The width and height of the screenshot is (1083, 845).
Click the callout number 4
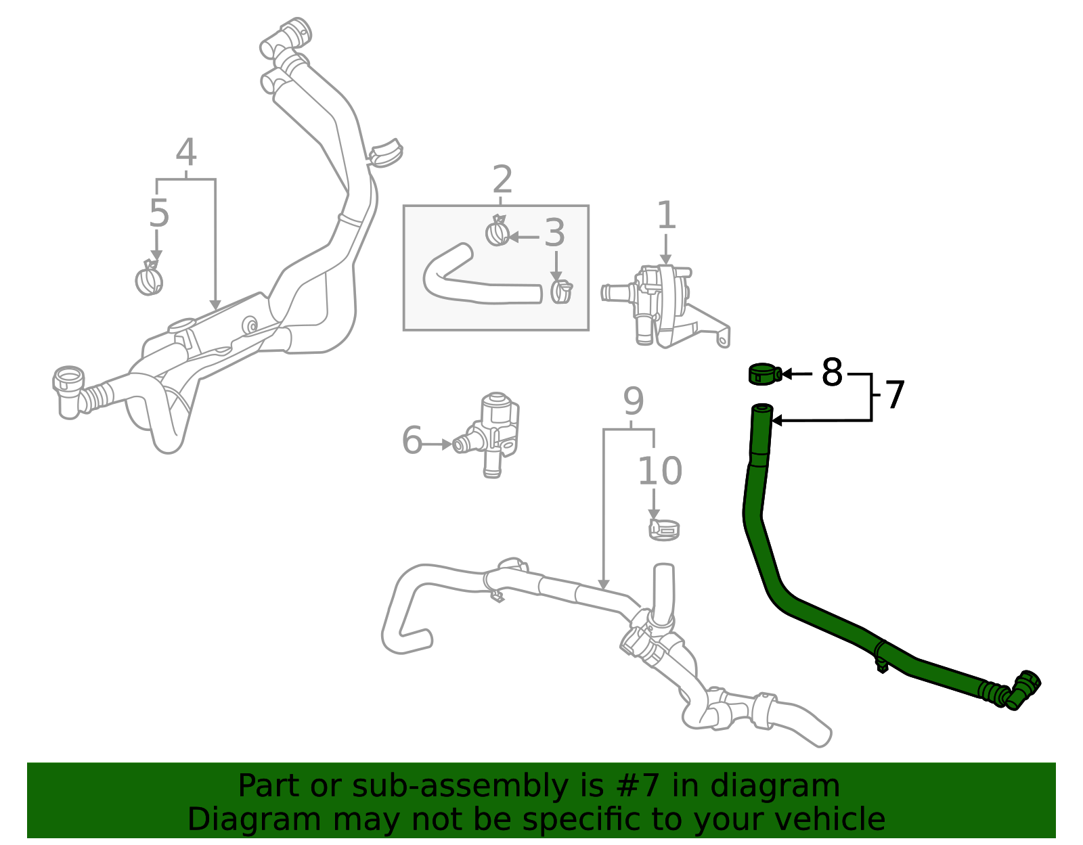click(185, 153)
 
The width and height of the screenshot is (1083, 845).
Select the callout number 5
click(158, 214)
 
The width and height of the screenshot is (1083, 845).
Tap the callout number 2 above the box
click(502, 180)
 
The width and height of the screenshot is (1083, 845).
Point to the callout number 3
click(554, 233)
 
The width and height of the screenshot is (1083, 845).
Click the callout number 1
click(666, 216)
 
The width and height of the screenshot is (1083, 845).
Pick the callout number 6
click(412, 441)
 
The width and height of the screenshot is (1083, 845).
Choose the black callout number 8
click(832, 373)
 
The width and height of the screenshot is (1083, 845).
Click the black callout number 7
click(895, 396)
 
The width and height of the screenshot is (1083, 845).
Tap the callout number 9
click(633, 402)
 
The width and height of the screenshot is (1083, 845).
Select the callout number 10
click(659, 471)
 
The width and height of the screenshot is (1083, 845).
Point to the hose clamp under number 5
click(149, 279)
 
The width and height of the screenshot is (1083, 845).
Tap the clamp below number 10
click(664, 529)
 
